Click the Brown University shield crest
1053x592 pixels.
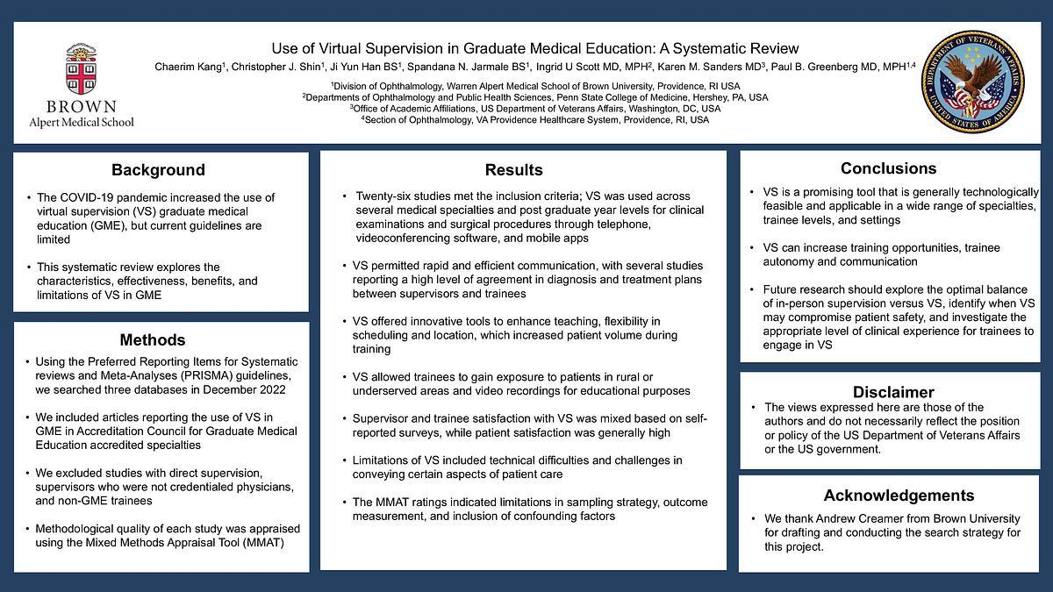point(81,71)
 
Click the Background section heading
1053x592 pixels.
point(158,170)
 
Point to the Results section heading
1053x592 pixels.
point(513,170)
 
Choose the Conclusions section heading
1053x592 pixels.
point(888,168)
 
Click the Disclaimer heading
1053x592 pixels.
point(893,392)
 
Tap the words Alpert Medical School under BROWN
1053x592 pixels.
point(82,122)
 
